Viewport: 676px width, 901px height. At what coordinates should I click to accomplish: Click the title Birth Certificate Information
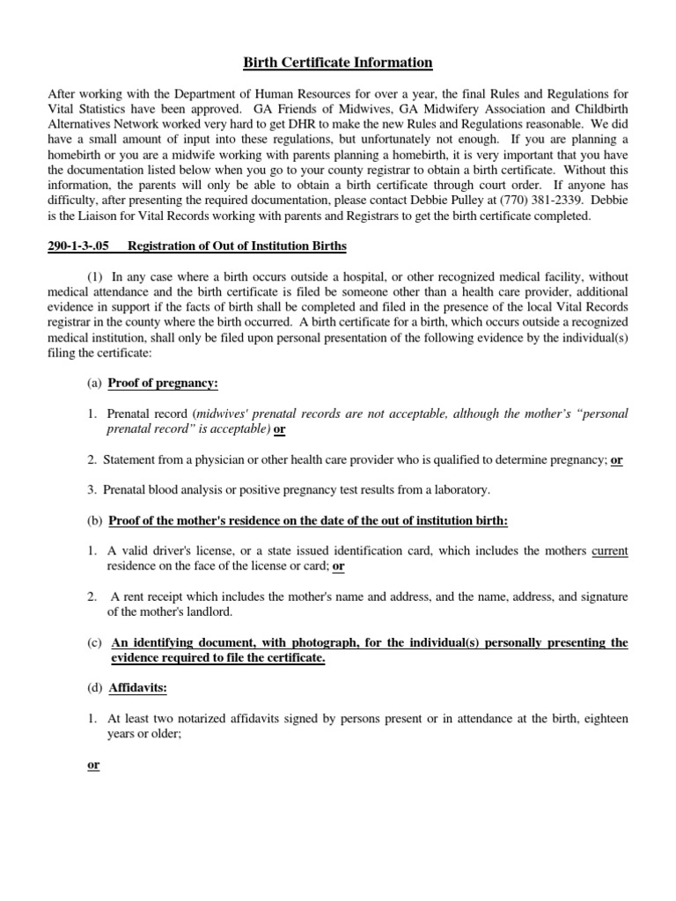click(337, 62)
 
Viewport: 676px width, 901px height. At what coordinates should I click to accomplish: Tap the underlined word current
click(610, 551)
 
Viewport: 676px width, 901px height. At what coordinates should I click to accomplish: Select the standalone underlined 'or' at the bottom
click(93, 765)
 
